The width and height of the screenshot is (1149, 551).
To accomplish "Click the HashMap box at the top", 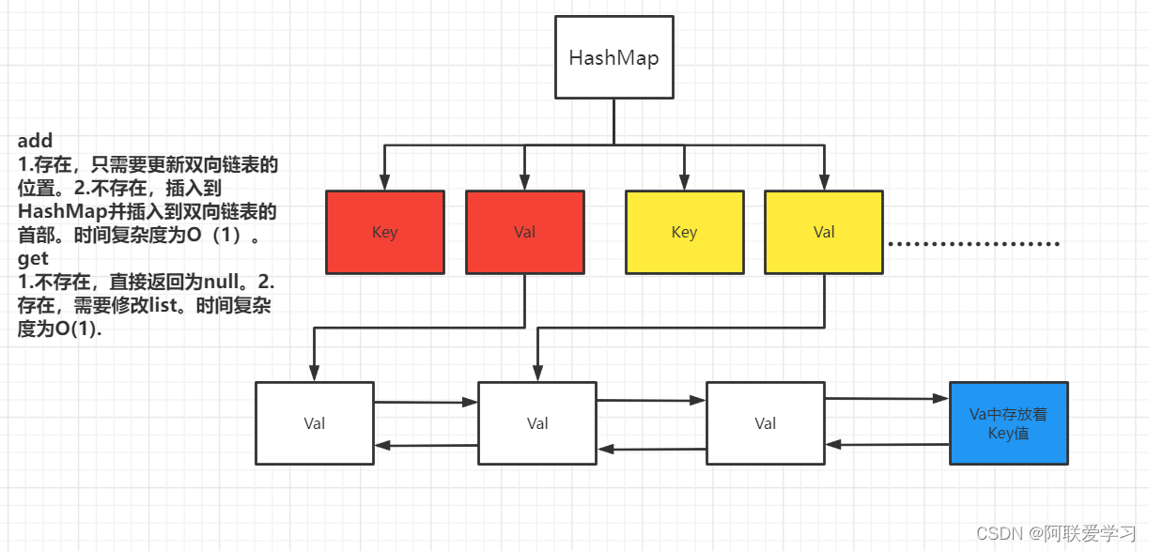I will coord(613,58).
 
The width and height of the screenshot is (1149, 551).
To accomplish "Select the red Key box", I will coord(385,232).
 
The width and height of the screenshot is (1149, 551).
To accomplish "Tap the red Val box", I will coord(524,232).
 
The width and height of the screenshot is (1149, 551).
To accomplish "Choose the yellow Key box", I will coord(684,232).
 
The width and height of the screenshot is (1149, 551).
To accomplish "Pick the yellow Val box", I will coord(824,232).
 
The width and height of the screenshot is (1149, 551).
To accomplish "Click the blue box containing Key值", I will coord(1009,423).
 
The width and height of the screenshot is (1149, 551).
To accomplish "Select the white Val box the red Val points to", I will coord(314,423).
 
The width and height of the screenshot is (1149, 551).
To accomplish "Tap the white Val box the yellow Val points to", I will coord(537,423).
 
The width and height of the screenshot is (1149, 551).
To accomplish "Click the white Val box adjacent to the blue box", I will coord(765,423).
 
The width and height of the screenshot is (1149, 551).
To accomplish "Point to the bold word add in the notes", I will coord(35,142).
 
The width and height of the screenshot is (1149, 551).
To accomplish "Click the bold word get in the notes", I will coord(33,258).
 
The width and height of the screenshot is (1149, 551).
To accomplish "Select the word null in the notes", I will coord(225,282).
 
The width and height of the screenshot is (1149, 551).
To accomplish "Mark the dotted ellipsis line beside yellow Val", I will coord(973,244).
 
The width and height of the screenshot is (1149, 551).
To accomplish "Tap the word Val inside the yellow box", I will coord(824,232).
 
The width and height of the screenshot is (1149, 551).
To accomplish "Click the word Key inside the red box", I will coord(385,232).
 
